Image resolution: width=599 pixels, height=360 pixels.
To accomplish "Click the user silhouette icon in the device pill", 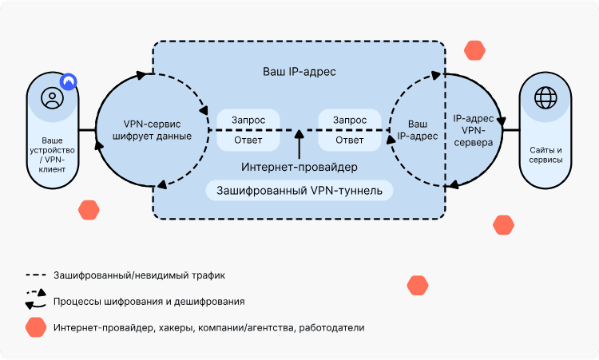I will point(53,99).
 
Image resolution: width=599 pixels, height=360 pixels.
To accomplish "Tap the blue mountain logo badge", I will point(70,81).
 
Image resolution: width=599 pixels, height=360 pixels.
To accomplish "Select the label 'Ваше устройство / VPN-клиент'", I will point(53,151).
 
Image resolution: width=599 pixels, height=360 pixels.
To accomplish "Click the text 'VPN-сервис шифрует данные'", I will point(157,129).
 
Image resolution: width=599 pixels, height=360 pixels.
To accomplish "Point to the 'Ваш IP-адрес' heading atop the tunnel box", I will point(299,72).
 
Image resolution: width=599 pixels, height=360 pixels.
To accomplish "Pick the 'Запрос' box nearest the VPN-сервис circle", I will point(248,119).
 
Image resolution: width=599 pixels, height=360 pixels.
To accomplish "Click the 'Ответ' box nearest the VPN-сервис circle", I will point(248,140).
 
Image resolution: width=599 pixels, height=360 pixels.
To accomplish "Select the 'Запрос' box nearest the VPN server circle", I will point(350,119).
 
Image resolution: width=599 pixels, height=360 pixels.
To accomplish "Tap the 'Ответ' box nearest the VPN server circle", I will point(350,140).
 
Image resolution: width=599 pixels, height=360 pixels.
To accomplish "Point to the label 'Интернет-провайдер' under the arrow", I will point(299,167).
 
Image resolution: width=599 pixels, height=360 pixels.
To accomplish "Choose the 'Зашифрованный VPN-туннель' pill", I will point(299,191).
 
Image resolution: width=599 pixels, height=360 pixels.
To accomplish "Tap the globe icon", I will point(546,98).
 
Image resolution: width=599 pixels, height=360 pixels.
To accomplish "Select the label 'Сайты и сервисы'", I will point(546,155).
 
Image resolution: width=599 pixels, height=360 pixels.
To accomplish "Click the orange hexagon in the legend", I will point(35,327).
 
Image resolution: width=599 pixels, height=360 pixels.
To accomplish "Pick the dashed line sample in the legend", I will point(35,275).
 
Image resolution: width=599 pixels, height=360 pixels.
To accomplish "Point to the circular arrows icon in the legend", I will point(35,299).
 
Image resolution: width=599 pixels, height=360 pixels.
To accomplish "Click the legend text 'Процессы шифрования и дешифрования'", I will point(149,302).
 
